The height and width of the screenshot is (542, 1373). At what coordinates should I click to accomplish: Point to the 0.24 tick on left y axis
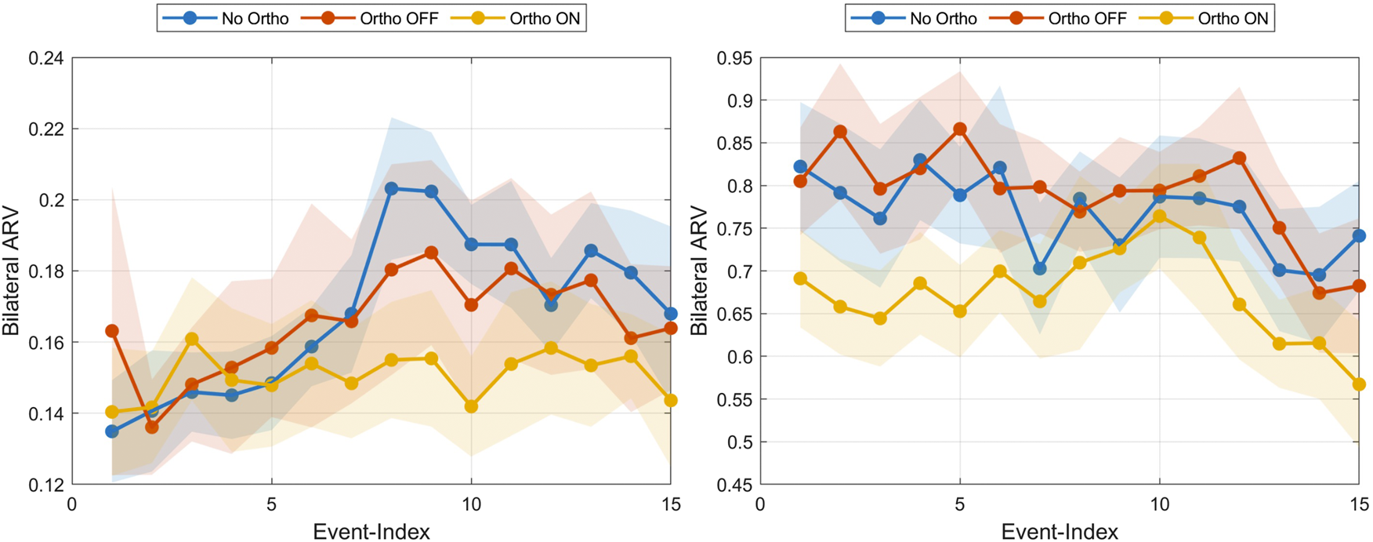[x=45, y=58]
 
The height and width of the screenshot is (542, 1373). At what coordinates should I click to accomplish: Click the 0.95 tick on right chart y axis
[x=734, y=58]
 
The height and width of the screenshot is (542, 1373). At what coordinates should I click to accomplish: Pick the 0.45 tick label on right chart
[x=734, y=485]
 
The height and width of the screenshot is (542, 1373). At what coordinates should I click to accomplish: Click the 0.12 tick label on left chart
[x=45, y=485]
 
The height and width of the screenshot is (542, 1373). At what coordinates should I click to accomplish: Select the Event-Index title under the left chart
[x=371, y=531]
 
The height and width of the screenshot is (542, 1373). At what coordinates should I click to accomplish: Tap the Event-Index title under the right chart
[x=1060, y=531]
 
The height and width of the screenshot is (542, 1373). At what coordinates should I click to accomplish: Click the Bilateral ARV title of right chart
[x=699, y=271]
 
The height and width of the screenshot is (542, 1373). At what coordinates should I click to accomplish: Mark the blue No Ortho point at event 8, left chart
[x=391, y=188]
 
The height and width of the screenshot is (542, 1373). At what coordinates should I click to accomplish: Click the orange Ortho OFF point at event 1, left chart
[x=112, y=331]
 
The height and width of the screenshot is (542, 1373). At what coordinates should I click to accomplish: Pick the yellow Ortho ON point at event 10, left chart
[x=471, y=406]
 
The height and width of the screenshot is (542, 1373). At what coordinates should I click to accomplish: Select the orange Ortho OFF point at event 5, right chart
[x=960, y=129]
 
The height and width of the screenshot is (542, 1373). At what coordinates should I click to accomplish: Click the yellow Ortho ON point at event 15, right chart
[x=1359, y=384]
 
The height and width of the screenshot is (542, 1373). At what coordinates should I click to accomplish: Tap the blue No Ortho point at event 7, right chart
[x=1040, y=269]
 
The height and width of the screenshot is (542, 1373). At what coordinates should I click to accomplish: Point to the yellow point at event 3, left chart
[x=192, y=339]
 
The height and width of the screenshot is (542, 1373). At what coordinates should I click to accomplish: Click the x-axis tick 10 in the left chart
[x=471, y=504]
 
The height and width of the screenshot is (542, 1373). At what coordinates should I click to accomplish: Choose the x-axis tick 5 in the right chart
[x=960, y=504]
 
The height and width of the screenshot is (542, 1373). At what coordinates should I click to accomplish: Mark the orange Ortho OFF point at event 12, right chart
[x=1239, y=158]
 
